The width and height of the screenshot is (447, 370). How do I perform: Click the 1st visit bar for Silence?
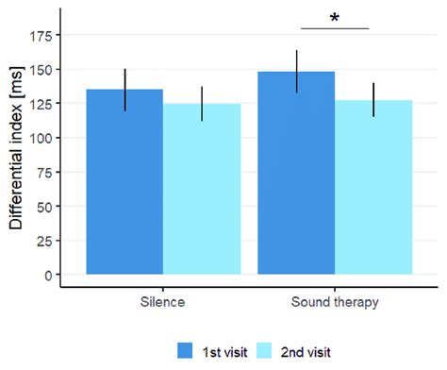click(124, 189)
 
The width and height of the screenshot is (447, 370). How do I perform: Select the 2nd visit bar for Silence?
click(202, 193)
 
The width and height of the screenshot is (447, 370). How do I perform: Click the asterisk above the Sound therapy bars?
click(334, 18)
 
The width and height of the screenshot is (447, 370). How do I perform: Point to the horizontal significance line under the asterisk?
click(334, 28)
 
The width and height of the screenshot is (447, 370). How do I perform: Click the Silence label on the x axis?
click(163, 303)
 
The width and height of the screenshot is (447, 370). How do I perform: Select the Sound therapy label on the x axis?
click(335, 303)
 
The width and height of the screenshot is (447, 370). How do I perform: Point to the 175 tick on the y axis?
click(41, 35)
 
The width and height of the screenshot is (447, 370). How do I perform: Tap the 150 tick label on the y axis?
click(41, 69)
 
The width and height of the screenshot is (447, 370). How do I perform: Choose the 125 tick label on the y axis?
click(41, 103)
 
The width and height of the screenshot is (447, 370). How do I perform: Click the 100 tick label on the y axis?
click(41, 138)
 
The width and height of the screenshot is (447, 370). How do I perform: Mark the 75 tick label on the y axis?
click(44, 172)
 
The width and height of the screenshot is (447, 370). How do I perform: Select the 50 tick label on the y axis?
click(44, 206)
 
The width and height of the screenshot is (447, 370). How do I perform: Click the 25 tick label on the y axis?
click(44, 240)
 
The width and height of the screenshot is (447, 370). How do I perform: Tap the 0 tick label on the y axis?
click(48, 275)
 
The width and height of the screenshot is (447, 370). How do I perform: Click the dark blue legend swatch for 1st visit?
click(187, 350)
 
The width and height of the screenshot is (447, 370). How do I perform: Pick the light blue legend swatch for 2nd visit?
click(266, 350)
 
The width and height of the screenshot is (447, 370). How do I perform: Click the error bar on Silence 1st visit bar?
click(124, 90)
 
